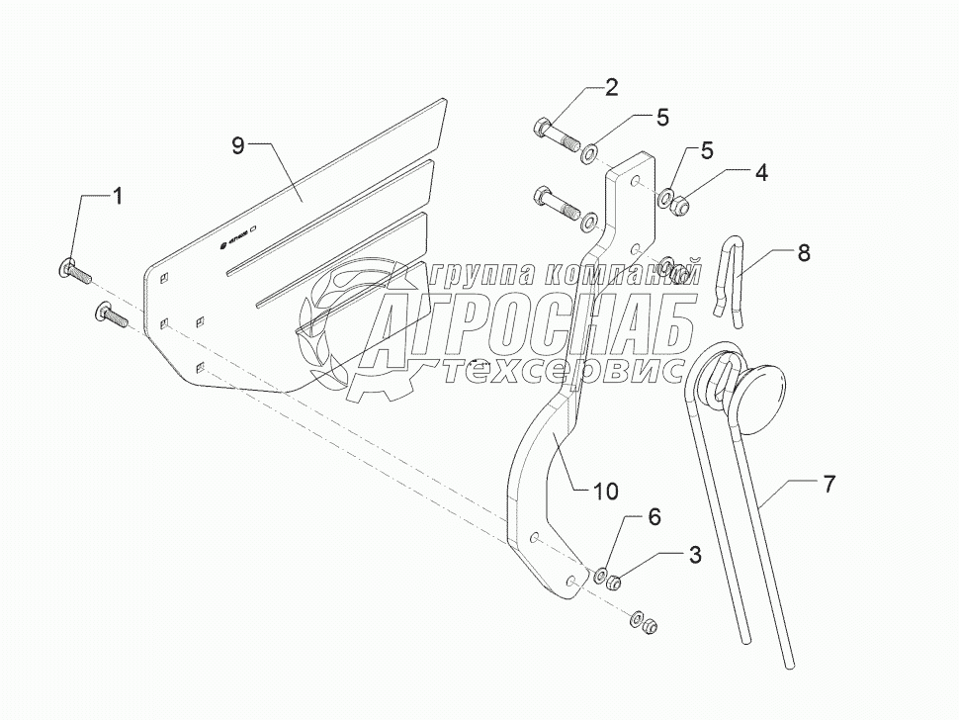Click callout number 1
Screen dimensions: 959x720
(x=118, y=196)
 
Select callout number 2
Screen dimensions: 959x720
(x=611, y=87)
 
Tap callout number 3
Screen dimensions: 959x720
(x=696, y=555)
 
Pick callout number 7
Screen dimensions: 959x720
(x=828, y=484)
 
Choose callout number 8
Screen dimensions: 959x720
(x=803, y=252)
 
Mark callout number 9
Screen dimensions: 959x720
(x=237, y=145)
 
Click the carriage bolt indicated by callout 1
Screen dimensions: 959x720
(x=75, y=266)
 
